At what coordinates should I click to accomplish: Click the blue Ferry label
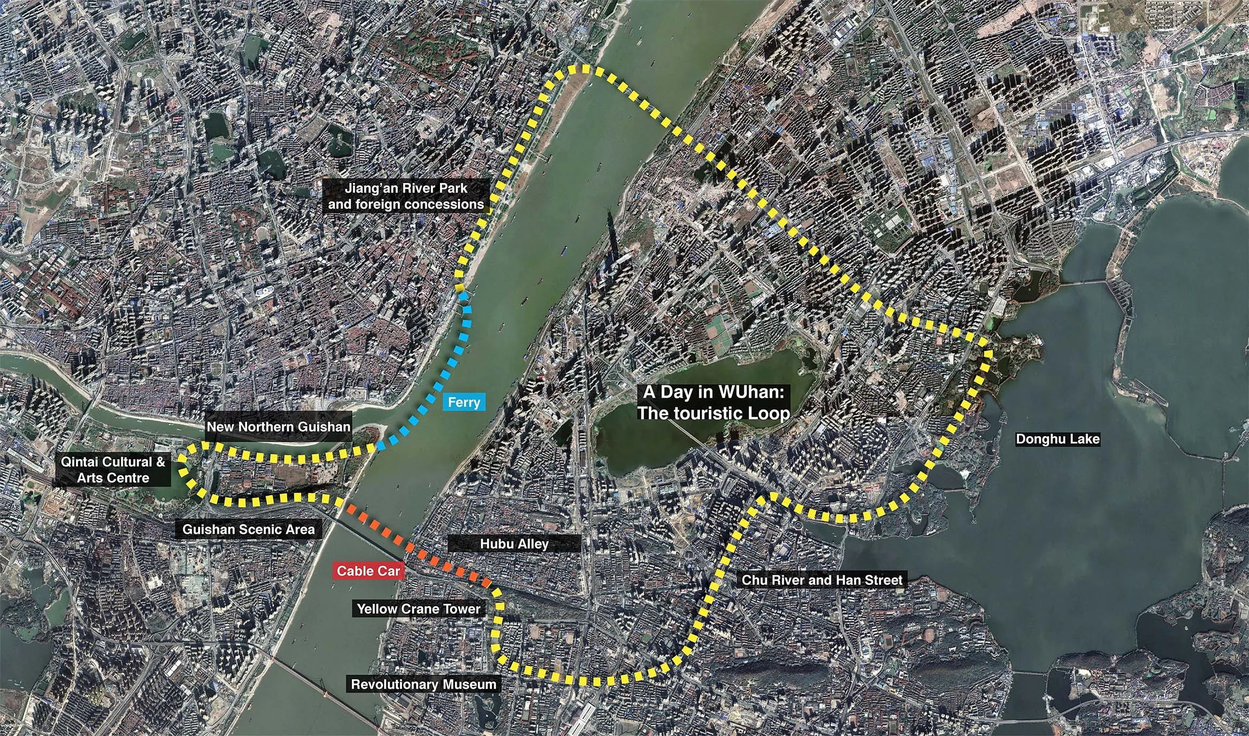[464, 402]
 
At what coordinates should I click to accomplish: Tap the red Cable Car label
[368, 571]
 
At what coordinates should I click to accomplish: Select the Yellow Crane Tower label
[418, 609]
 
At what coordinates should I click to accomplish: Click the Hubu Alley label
[514, 544]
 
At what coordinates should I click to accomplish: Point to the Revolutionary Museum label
[423, 684]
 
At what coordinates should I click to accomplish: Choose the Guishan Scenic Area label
[248, 529]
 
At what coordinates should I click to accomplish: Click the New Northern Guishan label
[278, 426]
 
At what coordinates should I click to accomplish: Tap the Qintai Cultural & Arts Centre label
[113, 470]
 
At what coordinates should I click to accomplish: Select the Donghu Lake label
[1057, 439]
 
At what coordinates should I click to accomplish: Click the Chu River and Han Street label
[822, 580]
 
